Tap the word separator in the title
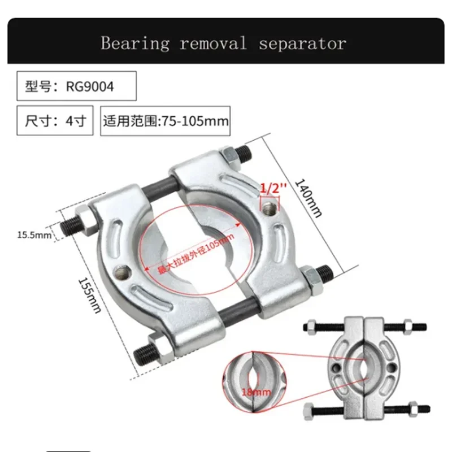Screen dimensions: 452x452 point(302,44)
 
